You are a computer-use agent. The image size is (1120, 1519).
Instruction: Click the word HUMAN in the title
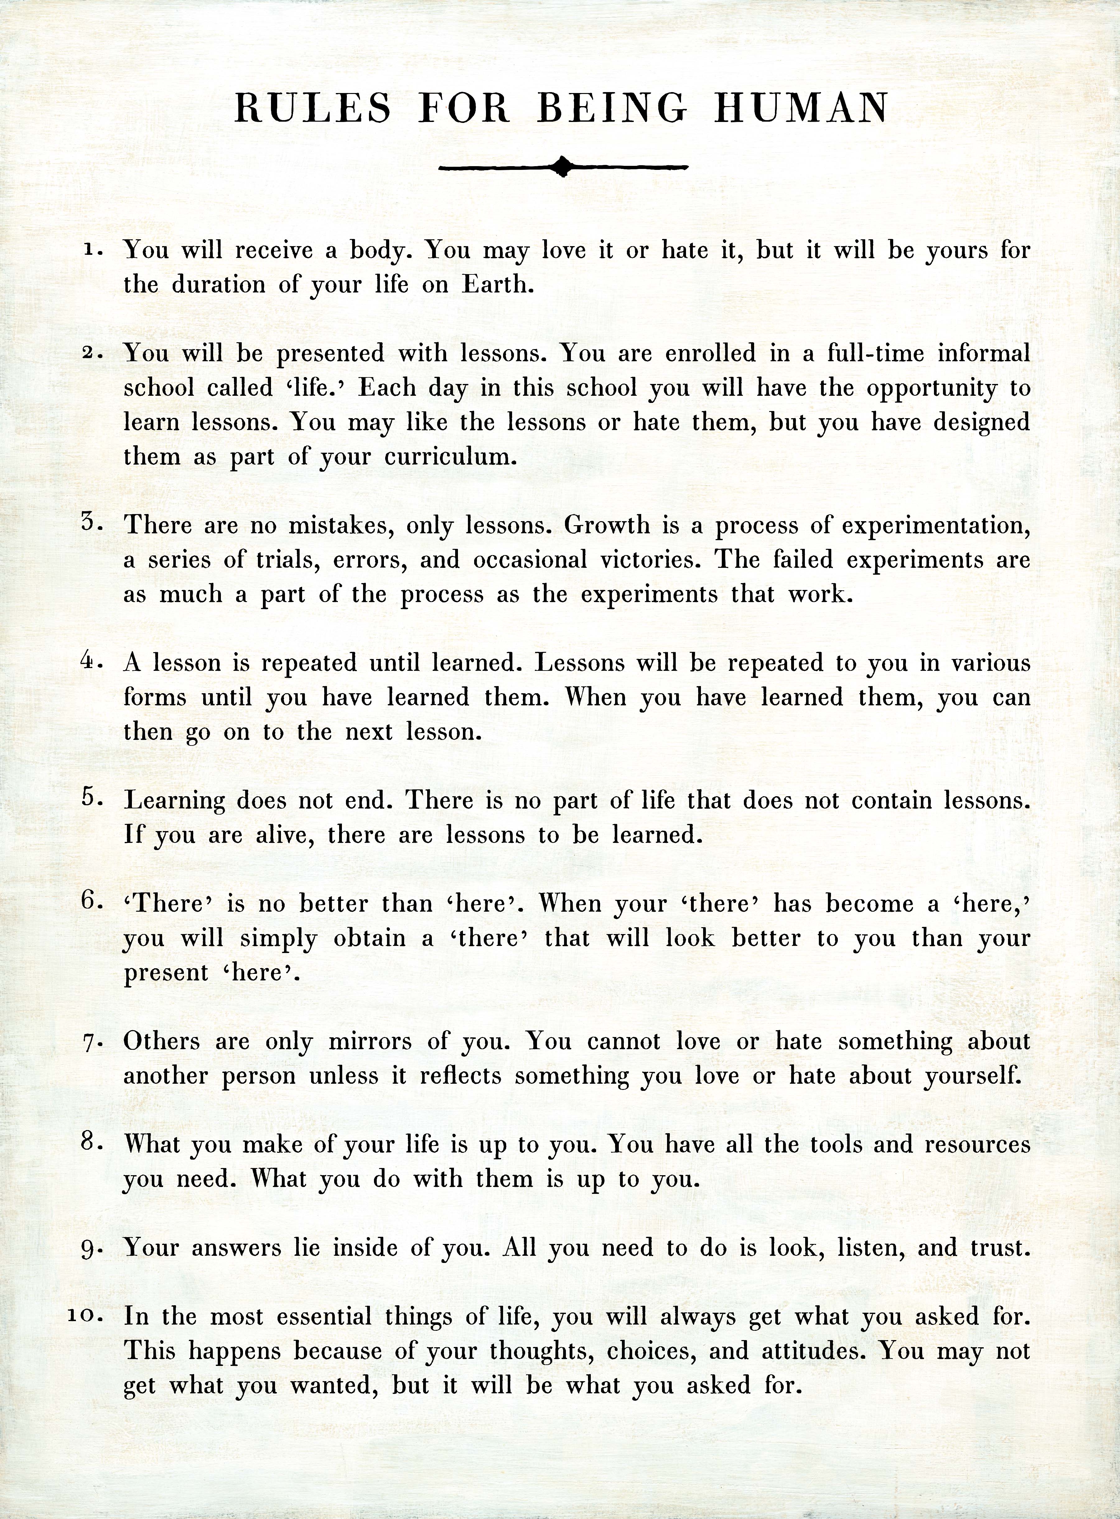[x=801, y=109]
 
